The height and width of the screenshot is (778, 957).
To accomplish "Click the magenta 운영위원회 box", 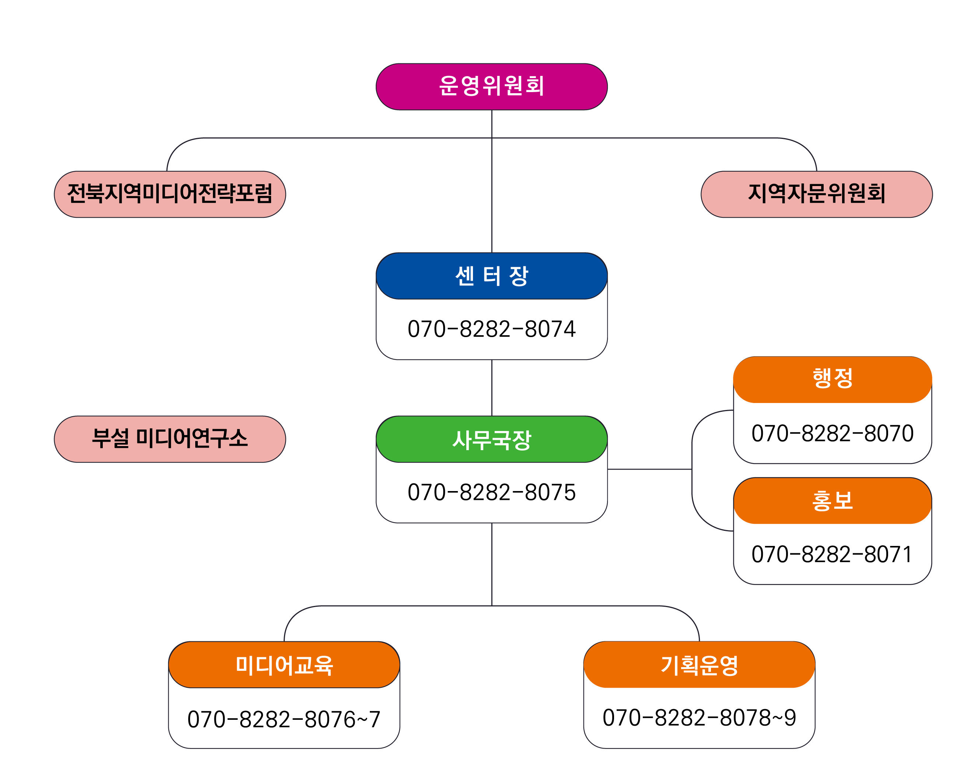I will tap(491, 87).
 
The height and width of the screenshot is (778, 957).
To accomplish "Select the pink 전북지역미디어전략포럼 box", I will tap(170, 194).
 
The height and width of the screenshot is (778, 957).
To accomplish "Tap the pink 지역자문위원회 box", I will tap(816, 194).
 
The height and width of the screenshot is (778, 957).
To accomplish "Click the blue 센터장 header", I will tap(491, 276).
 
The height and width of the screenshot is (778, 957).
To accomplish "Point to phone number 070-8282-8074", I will tap(491, 329).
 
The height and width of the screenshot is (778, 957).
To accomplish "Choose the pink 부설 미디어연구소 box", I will tap(170, 439).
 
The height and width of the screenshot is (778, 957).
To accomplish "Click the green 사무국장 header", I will tap(491, 439).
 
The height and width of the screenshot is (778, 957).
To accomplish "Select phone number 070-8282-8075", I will tap(491, 492).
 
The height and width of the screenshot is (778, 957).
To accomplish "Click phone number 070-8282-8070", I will tap(832, 433).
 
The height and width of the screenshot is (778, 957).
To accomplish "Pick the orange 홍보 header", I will tap(832, 501).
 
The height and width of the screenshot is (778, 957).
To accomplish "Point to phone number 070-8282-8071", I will tap(832, 554).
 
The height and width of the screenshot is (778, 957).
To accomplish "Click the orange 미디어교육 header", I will tap(284, 665).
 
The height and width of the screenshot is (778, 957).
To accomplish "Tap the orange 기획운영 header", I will tap(699, 665).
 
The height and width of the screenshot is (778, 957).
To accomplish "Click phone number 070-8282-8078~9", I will tap(699, 718).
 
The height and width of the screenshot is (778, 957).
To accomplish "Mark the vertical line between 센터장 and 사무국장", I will tap(491, 388).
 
